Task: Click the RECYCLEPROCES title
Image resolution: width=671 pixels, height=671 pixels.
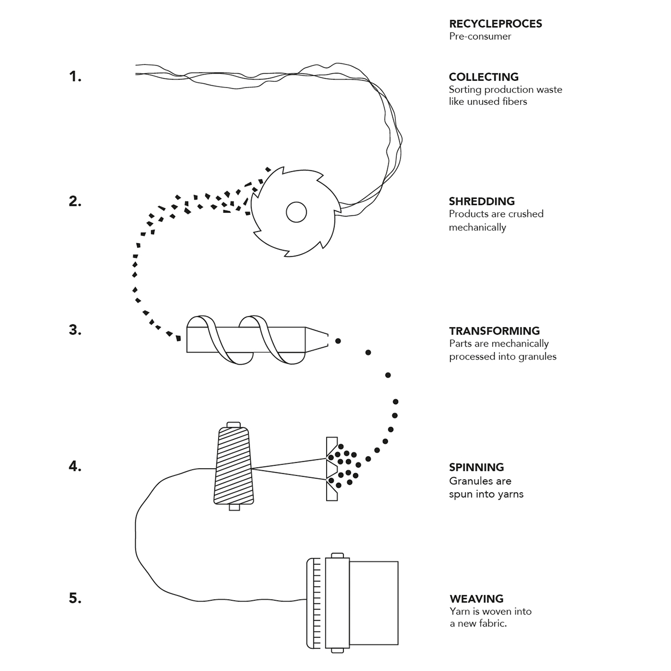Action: tap(495, 24)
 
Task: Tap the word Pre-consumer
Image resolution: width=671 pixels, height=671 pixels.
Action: tap(480, 36)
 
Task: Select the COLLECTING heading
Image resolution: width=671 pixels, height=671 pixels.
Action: tap(483, 77)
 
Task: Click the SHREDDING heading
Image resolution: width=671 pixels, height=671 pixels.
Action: tap(481, 201)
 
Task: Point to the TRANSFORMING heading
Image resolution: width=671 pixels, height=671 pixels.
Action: tap(494, 331)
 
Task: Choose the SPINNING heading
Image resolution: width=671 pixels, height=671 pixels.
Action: tap(476, 467)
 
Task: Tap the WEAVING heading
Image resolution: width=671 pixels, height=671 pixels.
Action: tap(476, 599)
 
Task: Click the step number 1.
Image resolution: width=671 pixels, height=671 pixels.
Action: tap(75, 77)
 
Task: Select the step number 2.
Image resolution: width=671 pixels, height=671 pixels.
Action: tap(75, 201)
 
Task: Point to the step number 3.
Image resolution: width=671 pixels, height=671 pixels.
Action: tap(75, 330)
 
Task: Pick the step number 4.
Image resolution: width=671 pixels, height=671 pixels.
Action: tap(75, 466)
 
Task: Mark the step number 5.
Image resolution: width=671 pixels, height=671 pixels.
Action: tap(75, 598)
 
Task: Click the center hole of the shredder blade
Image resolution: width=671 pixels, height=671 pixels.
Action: tap(296, 212)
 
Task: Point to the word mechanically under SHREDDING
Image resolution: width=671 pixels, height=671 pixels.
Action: tap(477, 228)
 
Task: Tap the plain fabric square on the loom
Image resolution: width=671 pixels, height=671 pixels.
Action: tap(373, 603)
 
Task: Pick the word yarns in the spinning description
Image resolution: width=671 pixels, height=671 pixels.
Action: tap(510, 494)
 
